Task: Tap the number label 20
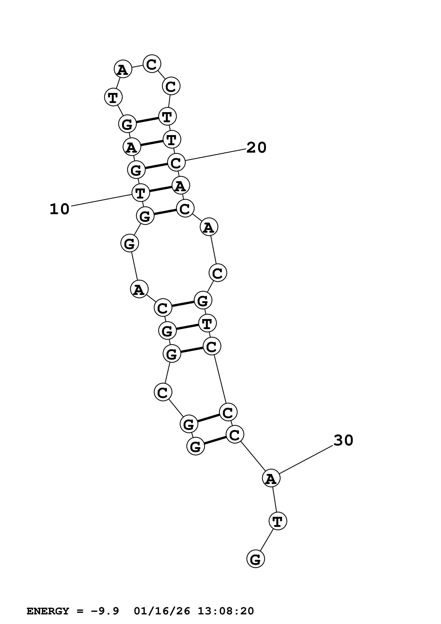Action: coord(256,148)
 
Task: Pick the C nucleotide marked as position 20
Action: coord(176,163)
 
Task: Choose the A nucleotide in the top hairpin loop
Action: coord(123,69)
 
